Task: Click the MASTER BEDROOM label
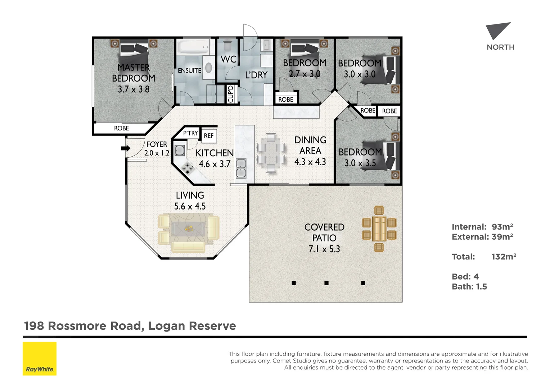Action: click(x=133, y=73)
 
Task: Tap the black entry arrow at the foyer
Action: click(x=125, y=148)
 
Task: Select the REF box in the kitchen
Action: click(x=209, y=135)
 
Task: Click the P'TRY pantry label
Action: click(x=190, y=133)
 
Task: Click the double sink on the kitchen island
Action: click(x=241, y=169)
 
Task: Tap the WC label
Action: click(x=228, y=59)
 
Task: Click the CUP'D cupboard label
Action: click(x=231, y=94)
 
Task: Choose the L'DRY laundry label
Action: click(x=256, y=75)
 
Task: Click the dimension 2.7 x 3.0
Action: click(x=305, y=74)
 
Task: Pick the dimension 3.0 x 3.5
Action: click(x=360, y=163)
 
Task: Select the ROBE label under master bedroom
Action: click(x=121, y=128)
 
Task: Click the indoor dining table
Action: click(x=271, y=153)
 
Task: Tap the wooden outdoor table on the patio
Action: click(x=379, y=228)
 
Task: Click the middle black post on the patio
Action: click(x=326, y=283)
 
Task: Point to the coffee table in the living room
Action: click(x=188, y=228)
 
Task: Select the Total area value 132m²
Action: click(x=504, y=257)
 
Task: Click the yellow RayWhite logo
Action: click(x=40, y=359)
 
